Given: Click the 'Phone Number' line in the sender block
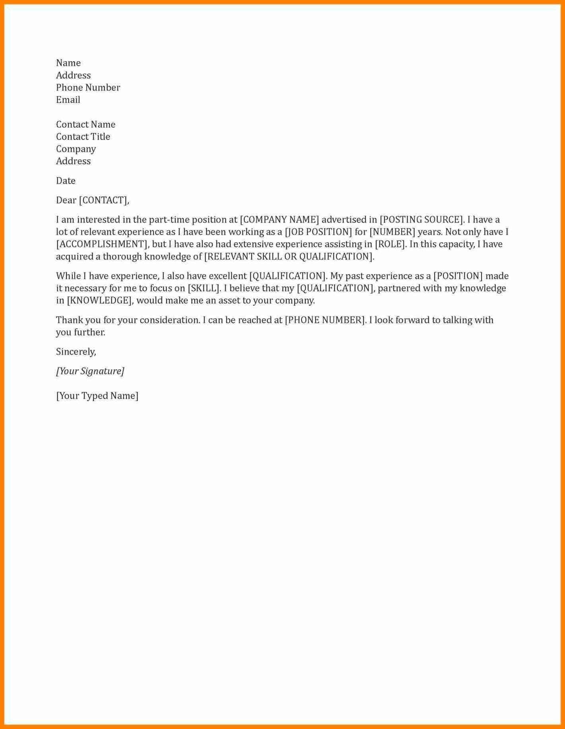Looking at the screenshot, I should click(88, 87).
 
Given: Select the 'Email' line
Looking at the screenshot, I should click(68, 100).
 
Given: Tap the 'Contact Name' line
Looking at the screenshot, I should click(85, 124).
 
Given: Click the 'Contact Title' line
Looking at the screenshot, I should click(83, 137).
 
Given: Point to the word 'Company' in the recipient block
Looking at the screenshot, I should click(76, 149).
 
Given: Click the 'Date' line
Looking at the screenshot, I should click(66, 181).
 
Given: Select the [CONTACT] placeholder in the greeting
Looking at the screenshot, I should click(103, 200).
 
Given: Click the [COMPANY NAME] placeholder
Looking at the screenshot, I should click(279, 220).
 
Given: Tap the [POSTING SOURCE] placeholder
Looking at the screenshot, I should click(422, 220).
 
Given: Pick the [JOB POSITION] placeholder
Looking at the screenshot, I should click(318, 232).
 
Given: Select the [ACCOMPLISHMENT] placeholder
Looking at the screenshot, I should click(102, 244).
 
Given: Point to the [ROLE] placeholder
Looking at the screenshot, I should click(390, 244).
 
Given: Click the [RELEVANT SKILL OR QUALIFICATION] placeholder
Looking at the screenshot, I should click(289, 256).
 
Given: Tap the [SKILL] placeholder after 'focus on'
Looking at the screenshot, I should click(203, 288).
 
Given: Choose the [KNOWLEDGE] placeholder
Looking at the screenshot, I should click(99, 301).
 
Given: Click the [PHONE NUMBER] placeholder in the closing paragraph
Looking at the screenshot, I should click(325, 320).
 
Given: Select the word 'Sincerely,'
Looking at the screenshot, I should click(76, 352).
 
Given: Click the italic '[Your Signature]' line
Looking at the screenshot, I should click(90, 371).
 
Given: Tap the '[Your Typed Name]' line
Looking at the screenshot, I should click(97, 396).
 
